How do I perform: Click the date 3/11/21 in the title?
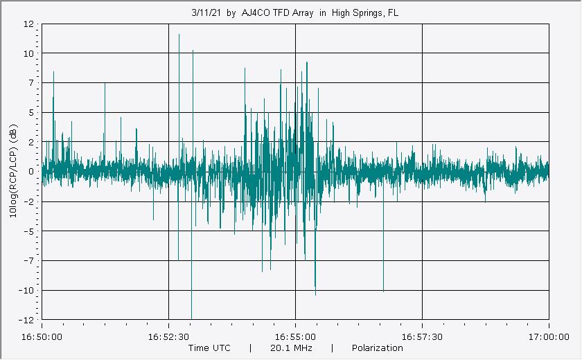click(x=206, y=12)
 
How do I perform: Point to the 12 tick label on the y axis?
click(x=29, y=24)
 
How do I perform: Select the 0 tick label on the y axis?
click(x=32, y=172)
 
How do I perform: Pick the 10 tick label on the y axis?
click(x=29, y=53)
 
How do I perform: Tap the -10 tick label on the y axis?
click(x=28, y=290)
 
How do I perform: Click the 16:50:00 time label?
click(x=42, y=337)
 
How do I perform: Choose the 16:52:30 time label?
click(x=168, y=337)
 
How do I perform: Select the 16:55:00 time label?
click(x=296, y=337)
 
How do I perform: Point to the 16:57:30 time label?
click(x=422, y=337)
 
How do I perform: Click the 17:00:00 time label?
click(x=549, y=337)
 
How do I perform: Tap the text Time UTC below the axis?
click(x=209, y=348)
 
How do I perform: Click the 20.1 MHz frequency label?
click(x=290, y=348)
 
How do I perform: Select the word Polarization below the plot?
click(x=377, y=348)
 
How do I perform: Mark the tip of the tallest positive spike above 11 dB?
click(x=179, y=34)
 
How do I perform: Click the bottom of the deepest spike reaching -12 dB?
click(x=192, y=318)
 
